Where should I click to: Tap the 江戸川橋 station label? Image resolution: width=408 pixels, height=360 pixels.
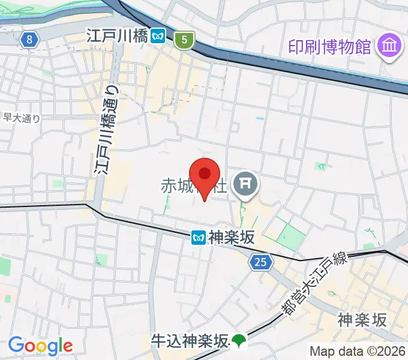(x=116, y=36)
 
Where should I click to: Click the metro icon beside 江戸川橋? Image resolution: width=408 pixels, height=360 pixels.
(x=158, y=37)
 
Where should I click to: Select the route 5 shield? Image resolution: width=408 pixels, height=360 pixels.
(x=184, y=41)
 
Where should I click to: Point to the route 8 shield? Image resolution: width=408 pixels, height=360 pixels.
(x=28, y=40)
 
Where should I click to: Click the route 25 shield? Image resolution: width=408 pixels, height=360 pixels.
(x=260, y=262)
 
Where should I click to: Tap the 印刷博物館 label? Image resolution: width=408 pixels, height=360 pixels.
(x=329, y=46)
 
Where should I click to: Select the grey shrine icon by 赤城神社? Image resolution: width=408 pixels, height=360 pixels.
(x=245, y=184)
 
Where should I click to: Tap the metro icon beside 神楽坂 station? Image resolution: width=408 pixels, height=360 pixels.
(x=199, y=238)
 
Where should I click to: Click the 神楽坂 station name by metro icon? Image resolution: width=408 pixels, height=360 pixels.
(x=232, y=238)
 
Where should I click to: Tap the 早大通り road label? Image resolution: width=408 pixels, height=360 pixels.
(x=21, y=118)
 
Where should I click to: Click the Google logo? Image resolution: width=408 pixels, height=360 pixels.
(x=40, y=346)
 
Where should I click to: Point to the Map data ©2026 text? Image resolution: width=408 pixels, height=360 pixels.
(x=358, y=351)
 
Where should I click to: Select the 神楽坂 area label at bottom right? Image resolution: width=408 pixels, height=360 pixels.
(x=362, y=319)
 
